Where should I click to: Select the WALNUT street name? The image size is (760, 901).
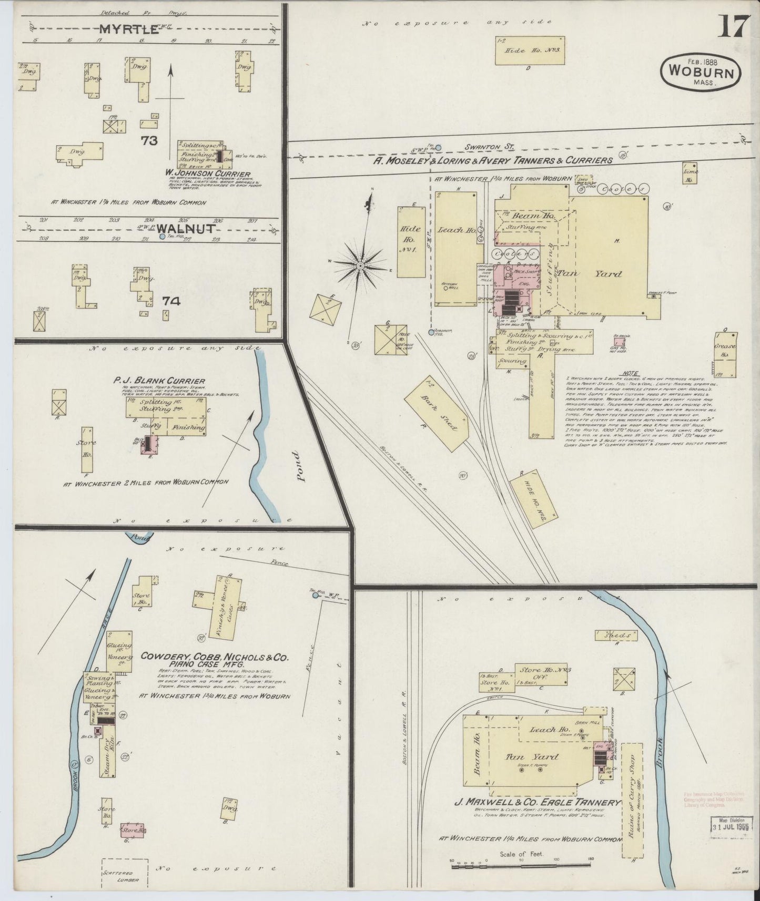click(184, 229)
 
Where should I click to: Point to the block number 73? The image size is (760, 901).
click(149, 140)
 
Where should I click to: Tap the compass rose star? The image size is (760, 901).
click(360, 266)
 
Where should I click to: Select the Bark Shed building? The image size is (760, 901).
click(437, 415)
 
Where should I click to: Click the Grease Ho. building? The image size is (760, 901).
click(725, 354)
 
